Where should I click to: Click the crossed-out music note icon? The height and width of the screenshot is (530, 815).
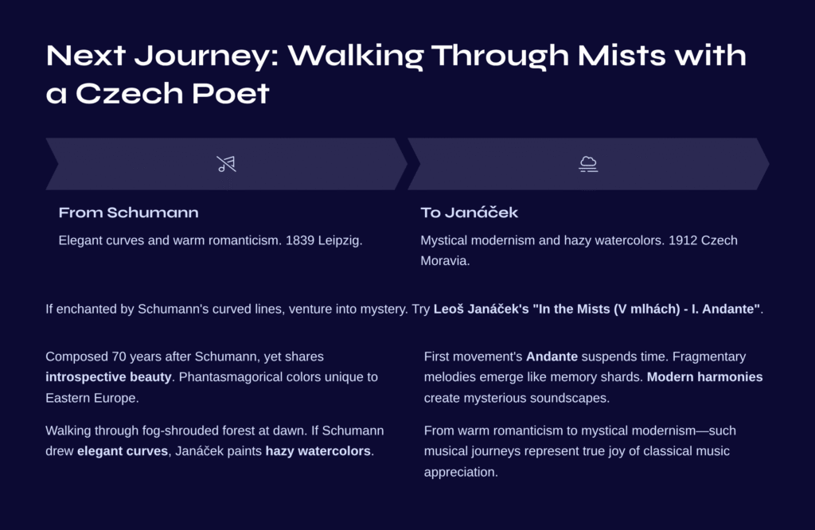[226, 164]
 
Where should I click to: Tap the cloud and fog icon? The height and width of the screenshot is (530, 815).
[588, 164]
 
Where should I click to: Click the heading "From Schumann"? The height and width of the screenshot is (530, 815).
[128, 212]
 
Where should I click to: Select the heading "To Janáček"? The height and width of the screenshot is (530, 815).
[469, 212]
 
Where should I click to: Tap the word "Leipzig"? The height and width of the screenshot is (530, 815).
[340, 241]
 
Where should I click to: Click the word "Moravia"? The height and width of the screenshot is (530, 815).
[445, 261]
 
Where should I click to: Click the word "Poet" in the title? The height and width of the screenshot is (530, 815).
[230, 94]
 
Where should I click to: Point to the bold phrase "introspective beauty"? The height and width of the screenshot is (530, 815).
[108, 377]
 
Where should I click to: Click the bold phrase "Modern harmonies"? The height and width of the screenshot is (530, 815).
[705, 377]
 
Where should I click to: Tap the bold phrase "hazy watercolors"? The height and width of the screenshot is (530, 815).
[318, 451]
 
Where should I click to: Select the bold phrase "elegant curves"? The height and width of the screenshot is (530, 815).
[123, 451]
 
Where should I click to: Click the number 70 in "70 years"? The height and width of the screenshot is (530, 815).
[119, 357]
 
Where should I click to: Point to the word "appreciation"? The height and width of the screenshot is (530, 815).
[460, 473]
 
